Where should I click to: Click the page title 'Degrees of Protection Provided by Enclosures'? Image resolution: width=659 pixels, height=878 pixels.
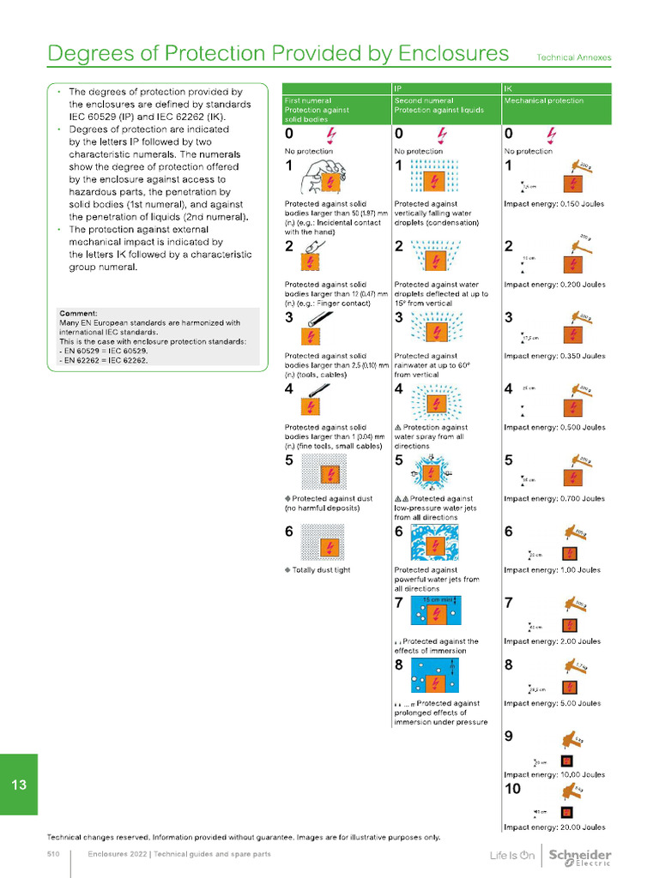[278, 53]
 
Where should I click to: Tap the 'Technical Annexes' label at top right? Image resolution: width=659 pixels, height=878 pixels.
[574, 57]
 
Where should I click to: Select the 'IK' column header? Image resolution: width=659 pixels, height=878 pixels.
[509, 88]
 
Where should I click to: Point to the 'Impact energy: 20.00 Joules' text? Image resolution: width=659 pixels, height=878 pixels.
[554, 827]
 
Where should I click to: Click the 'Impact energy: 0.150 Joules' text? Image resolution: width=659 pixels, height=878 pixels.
[554, 204]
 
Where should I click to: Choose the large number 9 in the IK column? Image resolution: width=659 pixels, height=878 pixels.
[509, 736]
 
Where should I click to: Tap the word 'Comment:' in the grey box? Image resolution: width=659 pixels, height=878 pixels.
[78, 314]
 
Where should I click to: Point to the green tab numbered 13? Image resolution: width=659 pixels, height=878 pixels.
[19, 785]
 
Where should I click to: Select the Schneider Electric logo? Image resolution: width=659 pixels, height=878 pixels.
[579, 857]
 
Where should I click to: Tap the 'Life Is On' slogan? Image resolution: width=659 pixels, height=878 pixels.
[512, 856]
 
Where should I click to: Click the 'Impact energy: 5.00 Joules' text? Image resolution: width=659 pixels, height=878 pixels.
[553, 703]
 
